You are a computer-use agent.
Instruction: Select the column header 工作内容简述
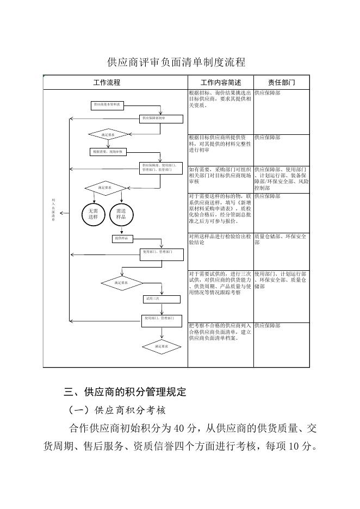[221, 83]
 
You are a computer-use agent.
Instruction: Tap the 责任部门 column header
[281, 83]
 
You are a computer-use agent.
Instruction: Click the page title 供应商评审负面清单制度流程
[177, 63]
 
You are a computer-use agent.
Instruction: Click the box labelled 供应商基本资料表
[108, 104]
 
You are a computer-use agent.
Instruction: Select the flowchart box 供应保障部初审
[154, 117]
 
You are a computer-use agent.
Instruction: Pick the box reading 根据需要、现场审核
[108, 152]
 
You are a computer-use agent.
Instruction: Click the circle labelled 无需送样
[93, 214]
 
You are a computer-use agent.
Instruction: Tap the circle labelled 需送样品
[121, 214]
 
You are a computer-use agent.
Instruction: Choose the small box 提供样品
[123, 238]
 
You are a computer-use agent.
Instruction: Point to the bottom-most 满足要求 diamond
[161, 346]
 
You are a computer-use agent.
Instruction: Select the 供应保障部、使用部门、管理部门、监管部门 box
[161, 167]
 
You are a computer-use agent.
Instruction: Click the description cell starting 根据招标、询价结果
[220, 100]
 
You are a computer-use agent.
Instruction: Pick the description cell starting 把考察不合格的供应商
[220, 331]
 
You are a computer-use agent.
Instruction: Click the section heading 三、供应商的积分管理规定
[125, 392]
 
